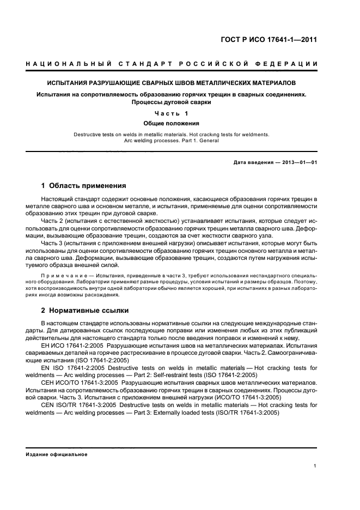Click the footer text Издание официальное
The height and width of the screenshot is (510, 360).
pos(57,454)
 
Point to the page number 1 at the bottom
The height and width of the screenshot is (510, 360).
pos(316,466)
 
